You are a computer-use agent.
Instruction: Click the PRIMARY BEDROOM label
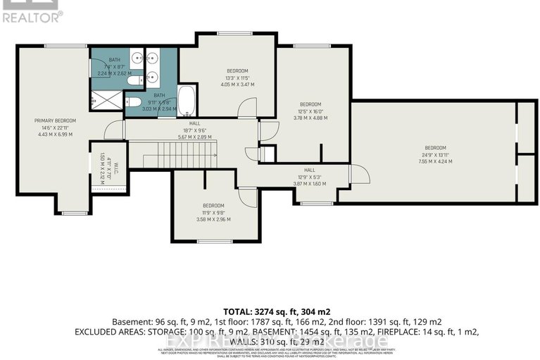tap(55, 120)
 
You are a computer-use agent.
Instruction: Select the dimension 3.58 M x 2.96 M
tap(213, 219)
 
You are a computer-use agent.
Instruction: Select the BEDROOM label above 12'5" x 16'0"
tap(310, 104)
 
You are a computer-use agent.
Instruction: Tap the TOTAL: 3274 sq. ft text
tap(271, 311)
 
